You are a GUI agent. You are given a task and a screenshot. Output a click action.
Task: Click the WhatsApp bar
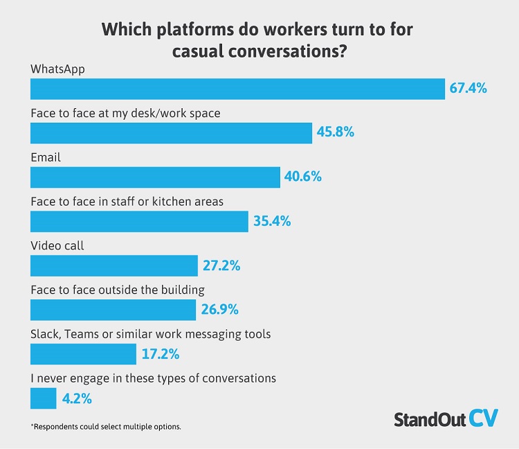[x=237, y=89]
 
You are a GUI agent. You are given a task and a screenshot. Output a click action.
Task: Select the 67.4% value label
[x=468, y=89]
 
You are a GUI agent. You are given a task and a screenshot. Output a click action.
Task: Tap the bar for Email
[x=155, y=177]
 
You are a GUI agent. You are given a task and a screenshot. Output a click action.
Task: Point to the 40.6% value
[x=302, y=177]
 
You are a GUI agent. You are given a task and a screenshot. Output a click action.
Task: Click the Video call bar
[x=114, y=265]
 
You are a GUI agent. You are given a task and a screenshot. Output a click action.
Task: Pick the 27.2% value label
[x=221, y=265]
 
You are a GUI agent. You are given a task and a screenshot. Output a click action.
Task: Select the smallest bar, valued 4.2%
[x=44, y=398]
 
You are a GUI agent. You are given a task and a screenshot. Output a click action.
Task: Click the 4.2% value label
[x=78, y=398]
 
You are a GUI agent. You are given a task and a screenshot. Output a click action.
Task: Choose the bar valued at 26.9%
[x=113, y=310]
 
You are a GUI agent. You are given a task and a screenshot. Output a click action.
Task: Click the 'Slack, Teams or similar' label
[x=151, y=334]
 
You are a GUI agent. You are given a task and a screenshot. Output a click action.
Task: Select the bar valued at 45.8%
[x=171, y=132]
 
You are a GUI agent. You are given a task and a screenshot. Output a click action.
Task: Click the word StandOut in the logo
[x=429, y=419]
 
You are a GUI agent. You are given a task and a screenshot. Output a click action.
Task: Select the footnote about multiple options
[x=106, y=426]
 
